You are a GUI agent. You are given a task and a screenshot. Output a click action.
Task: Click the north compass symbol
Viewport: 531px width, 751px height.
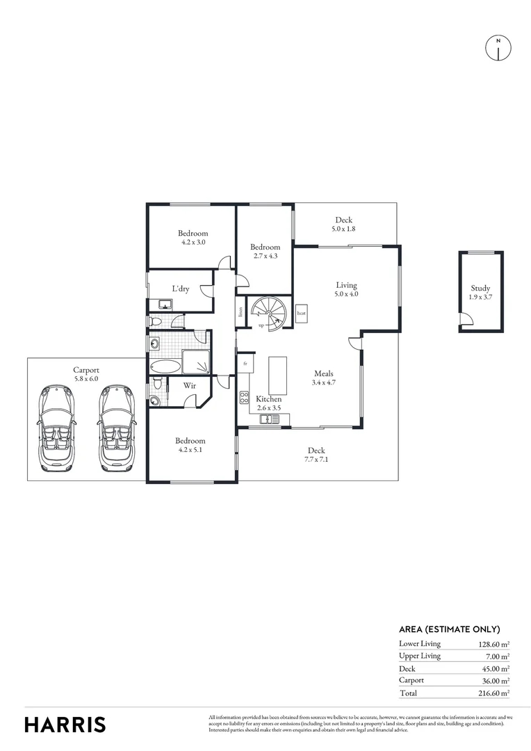498,47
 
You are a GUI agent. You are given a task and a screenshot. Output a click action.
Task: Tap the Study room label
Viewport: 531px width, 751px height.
480,288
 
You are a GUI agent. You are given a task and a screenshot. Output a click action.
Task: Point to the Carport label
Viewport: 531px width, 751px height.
86,370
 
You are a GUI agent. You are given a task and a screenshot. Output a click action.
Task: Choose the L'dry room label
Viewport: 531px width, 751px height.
181,289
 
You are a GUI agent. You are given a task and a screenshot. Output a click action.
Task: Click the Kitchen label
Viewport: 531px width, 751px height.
269,399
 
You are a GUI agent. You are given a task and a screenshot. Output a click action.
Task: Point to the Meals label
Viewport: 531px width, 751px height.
323,373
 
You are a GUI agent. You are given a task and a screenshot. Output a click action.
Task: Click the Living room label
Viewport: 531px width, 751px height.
346,285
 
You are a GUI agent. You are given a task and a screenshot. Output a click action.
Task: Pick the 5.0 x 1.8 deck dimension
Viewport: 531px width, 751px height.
343,229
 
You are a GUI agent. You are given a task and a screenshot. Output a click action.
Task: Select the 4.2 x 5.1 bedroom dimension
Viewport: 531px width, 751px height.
190,449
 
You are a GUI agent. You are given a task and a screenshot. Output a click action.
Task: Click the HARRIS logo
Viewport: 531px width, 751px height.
65,725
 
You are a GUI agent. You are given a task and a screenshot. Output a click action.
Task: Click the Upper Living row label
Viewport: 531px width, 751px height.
420,656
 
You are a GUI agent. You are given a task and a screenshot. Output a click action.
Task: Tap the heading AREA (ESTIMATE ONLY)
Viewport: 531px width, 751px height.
449,629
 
